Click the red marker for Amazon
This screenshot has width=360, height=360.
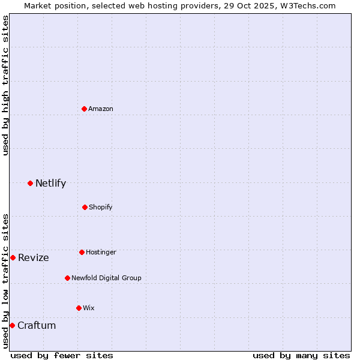pyautogui.click(x=84, y=109)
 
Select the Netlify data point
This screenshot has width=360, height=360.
pyautogui.click(x=30, y=183)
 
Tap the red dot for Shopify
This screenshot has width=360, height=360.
pyautogui.click(x=85, y=207)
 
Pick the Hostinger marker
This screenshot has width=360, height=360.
pyautogui.click(x=82, y=252)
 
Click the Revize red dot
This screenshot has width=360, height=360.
pyautogui.click(x=13, y=257)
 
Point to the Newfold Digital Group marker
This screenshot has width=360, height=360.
pyautogui.click(x=67, y=278)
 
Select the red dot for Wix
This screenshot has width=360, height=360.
pyautogui.click(x=79, y=308)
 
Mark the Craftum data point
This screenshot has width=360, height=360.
pyautogui.click(x=12, y=325)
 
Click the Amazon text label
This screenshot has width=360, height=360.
pyautogui.click(x=101, y=109)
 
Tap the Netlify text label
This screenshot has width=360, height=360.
pyautogui.click(x=50, y=183)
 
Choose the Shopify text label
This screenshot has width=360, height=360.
pyautogui.click(x=101, y=207)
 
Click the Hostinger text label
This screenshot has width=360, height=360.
pyautogui.click(x=101, y=252)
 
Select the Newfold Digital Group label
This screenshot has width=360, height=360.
pyautogui.click(x=106, y=278)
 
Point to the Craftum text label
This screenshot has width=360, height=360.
pyautogui.click(x=37, y=325)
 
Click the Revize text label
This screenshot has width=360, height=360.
pyautogui.click(x=34, y=257)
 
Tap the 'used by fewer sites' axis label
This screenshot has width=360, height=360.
pyautogui.click(x=62, y=355)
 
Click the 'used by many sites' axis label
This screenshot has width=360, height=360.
pyautogui.click(x=301, y=355)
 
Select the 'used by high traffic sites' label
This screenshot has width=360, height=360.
pyautogui.click(x=5, y=85)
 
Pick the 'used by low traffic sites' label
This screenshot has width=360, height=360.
pyautogui.click(x=5, y=281)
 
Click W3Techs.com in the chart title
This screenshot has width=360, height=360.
pyautogui.click(x=307, y=5)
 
